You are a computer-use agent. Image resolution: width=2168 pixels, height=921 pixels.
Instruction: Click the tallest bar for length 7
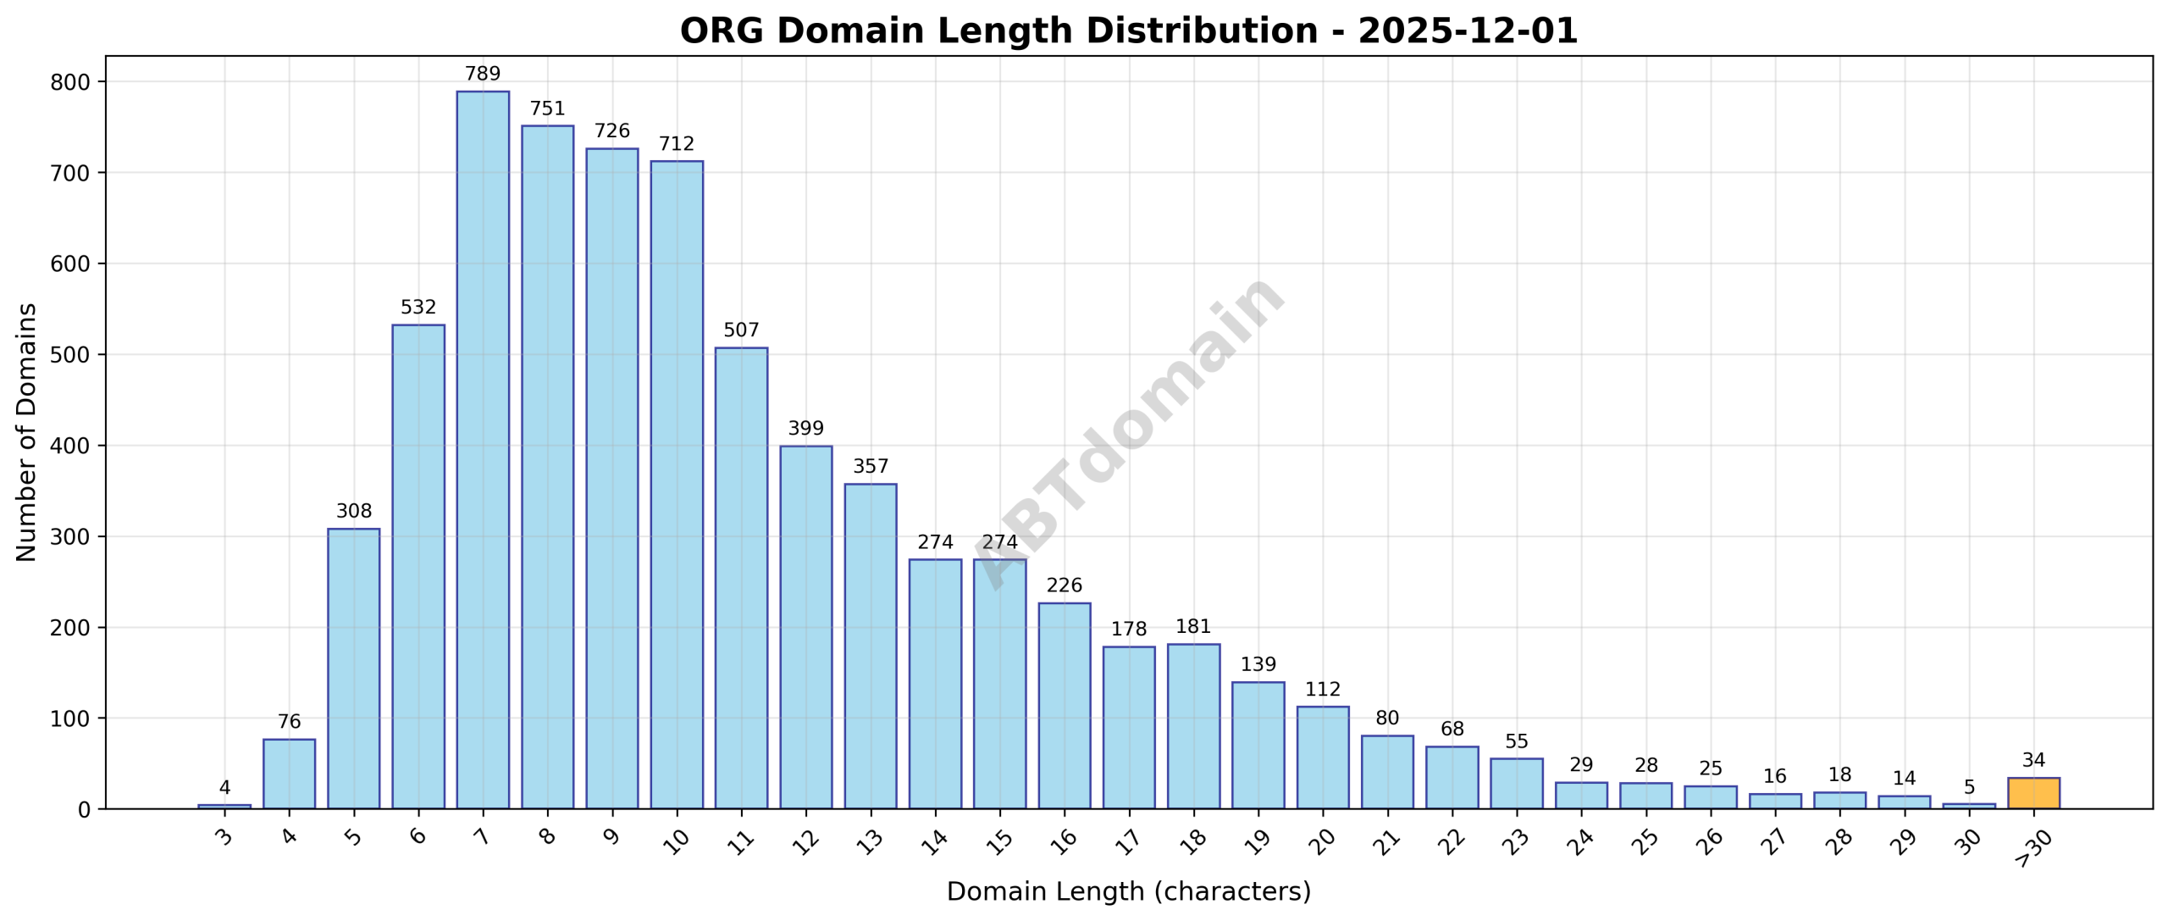pos(483,449)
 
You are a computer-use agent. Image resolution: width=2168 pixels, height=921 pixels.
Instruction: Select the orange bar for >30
pos(2033,793)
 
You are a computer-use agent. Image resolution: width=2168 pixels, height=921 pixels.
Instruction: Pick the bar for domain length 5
pos(353,669)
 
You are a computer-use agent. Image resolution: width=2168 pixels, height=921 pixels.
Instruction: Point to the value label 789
pos(483,74)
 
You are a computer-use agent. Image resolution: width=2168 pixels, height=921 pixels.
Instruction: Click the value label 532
pos(418,307)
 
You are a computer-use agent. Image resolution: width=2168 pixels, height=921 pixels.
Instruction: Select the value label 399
pos(805,429)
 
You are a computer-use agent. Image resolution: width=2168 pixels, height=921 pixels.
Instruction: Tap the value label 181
pos(1193,627)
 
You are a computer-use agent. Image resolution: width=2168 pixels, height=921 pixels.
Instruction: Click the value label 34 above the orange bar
pos(2033,760)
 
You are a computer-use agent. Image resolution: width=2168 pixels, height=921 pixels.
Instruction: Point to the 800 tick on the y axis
pos(70,82)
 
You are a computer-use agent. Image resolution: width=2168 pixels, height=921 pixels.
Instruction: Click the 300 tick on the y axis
pos(70,537)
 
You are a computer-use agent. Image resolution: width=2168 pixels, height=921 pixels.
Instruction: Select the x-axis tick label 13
pos(870,841)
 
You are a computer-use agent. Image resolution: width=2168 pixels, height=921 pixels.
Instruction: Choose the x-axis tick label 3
pos(224,838)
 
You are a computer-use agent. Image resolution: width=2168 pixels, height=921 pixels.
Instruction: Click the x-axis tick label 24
pos(1580,841)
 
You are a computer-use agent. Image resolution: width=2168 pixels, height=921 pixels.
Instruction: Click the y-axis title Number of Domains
pos(27,432)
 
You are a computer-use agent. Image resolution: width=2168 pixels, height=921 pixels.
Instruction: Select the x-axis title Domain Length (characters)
pos(1128,891)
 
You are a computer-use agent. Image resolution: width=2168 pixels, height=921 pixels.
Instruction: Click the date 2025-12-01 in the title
pos(1468,31)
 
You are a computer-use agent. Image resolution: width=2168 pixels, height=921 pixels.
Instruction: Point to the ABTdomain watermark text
pos(1130,432)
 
